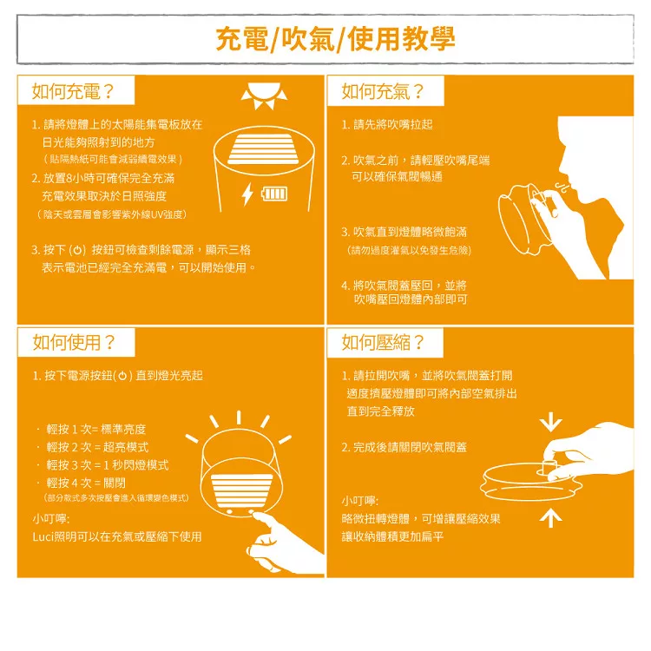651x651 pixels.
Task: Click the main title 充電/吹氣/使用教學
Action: (x=335, y=39)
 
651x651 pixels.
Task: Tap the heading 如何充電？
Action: (x=73, y=91)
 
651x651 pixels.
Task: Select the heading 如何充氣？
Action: (x=383, y=91)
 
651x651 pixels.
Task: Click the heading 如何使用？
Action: (x=74, y=343)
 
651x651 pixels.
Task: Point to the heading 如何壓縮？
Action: (x=383, y=343)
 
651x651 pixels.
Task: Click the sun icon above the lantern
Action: (x=264, y=96)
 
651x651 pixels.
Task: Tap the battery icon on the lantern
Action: (x=274, y=194)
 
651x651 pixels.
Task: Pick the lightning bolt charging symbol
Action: (x=247, y=194)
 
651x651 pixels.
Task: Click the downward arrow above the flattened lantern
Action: (x=551, y=422)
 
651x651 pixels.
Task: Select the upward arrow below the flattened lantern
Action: (x=551, y=518)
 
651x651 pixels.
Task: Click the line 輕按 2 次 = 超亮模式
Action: (x=97, y=447)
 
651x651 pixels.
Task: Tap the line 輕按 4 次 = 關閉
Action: (x=86, y=483)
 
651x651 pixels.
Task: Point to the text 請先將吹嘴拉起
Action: (x=392, y=124)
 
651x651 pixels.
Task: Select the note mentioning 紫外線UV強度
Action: (x=112, y=214)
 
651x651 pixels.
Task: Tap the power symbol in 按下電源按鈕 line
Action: (x=122, y=376)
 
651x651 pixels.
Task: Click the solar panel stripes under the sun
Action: (x=263, y=149)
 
